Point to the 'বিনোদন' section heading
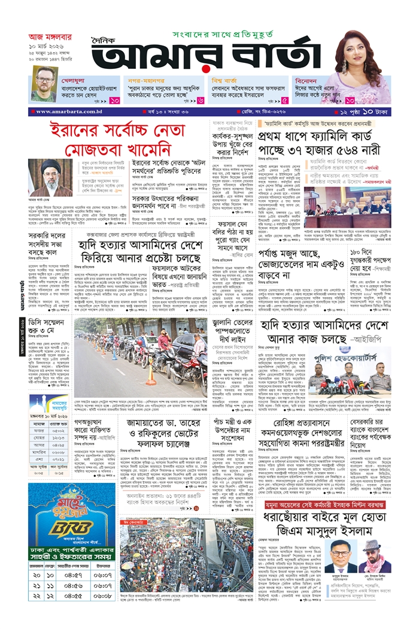tap(311, 79)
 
